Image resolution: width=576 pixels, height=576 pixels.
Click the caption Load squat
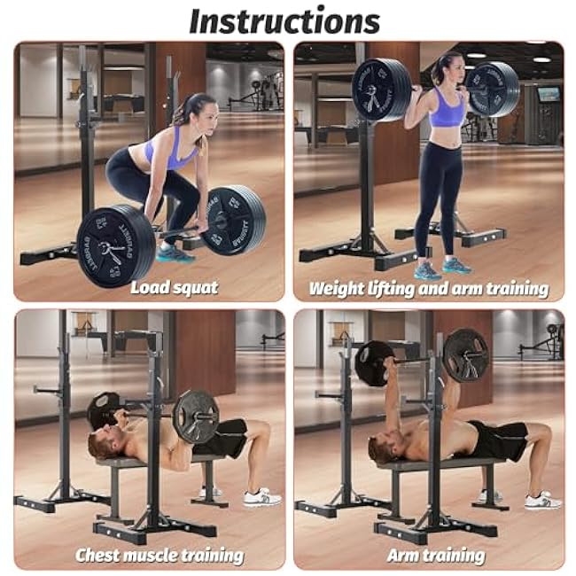click(x=174, y=287)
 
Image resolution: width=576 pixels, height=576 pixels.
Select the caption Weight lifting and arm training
click(x=428, y=288)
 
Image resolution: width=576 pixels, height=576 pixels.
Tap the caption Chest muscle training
click(x=160, y=556)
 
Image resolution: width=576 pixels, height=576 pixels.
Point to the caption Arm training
click(x=436, y=556)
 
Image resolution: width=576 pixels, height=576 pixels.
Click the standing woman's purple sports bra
click(x=448, y=111)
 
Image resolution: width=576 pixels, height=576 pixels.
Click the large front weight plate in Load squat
click(x=116, y=245)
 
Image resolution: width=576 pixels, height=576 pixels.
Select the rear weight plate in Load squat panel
click(x=233, y=220)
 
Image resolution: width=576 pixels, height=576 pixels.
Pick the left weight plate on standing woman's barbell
click(x=381, y=90)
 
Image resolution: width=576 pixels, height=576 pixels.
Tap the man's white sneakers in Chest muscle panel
click(x=262, y=498)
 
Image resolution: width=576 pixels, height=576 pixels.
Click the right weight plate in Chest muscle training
click(x=196, y=416)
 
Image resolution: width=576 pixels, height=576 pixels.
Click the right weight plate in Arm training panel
click(x=465, y=355)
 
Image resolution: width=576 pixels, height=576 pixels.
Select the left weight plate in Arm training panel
click(x=374, y=363)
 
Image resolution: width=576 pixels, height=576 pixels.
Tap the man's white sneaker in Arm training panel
click(x=542, y=501)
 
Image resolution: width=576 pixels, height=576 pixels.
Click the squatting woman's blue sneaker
click(x=175, y=254)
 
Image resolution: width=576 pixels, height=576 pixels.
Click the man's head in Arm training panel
click(x=382, y=450)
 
